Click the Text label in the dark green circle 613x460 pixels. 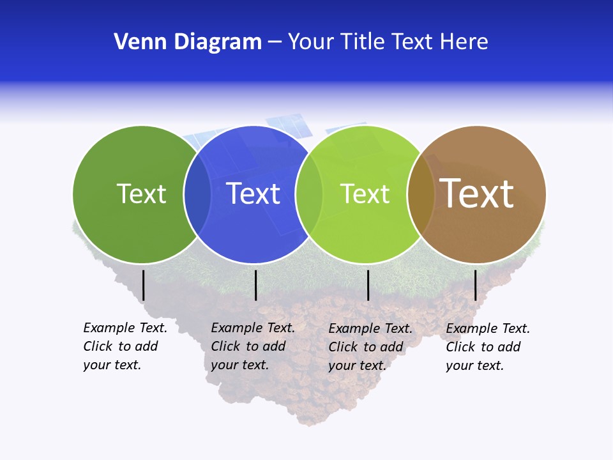[x=141, y=194]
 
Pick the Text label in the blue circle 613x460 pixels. [x=254, y=194]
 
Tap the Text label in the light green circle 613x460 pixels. [x=365, y=194]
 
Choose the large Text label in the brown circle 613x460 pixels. [x=477, y=194]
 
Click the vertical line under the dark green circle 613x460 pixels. [x=144, y=285]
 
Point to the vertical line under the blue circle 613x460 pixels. [x=255, y=285]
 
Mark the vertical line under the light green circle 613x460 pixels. [x=368, y=285]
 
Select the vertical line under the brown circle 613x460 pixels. [x=475, y=285]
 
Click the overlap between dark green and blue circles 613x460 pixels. [x=197, y=194]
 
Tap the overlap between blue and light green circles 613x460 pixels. [x=309, y=194]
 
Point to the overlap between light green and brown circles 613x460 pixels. [x=421, y=194]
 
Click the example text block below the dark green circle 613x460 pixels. [x=125, y=346]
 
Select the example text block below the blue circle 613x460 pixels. [x=253, y=346]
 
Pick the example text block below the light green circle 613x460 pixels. [x=370, y=347]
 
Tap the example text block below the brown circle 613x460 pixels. [x=488, y=347]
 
